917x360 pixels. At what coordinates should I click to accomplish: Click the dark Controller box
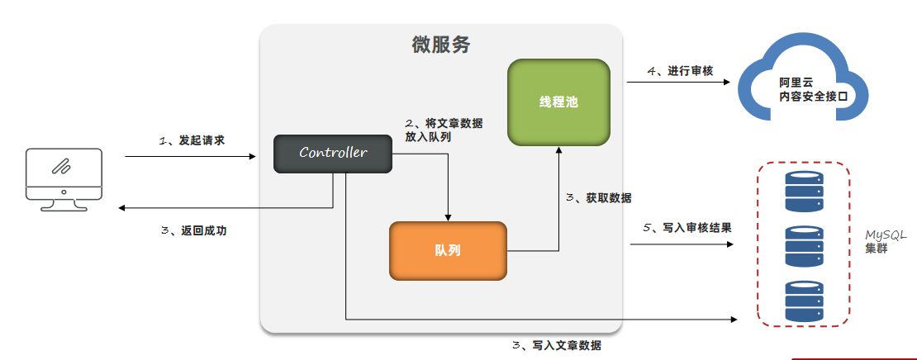333,154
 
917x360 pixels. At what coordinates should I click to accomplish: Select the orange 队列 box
447,250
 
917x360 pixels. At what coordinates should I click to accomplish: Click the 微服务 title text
441,45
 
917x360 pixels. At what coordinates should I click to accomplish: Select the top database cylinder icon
804,191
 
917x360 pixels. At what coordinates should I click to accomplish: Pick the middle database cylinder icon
804,246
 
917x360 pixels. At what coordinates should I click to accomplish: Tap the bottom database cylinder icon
804,301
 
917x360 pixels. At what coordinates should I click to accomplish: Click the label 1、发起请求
192,140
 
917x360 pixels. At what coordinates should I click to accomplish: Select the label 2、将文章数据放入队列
444,130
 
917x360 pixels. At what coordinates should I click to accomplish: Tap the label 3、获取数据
600,198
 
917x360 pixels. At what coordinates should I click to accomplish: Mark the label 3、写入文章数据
556,346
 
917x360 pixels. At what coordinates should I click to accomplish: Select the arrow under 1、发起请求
191,155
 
